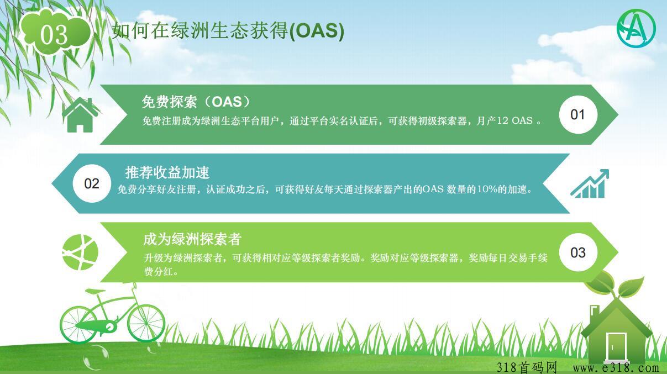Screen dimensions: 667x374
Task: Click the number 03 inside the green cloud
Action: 54,35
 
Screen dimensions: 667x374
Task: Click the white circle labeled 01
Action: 578,115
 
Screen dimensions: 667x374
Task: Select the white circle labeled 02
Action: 92,183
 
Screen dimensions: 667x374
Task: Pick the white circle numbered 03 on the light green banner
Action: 578,252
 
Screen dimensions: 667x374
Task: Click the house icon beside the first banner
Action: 80,115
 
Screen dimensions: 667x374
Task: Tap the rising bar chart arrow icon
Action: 590,184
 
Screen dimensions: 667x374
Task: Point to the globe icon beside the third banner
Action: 80,252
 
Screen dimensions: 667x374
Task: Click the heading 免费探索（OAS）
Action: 196,102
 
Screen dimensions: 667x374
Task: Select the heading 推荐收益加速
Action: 167,172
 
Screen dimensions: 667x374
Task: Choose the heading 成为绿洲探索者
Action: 192,239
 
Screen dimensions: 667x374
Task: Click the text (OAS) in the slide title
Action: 317,31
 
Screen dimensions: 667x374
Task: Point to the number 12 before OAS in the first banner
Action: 502,120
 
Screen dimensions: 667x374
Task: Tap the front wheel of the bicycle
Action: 146,323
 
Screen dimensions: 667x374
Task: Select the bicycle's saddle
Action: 95,291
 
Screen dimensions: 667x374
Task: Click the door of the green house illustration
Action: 616,347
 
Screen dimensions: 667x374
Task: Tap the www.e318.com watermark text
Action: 616,368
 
